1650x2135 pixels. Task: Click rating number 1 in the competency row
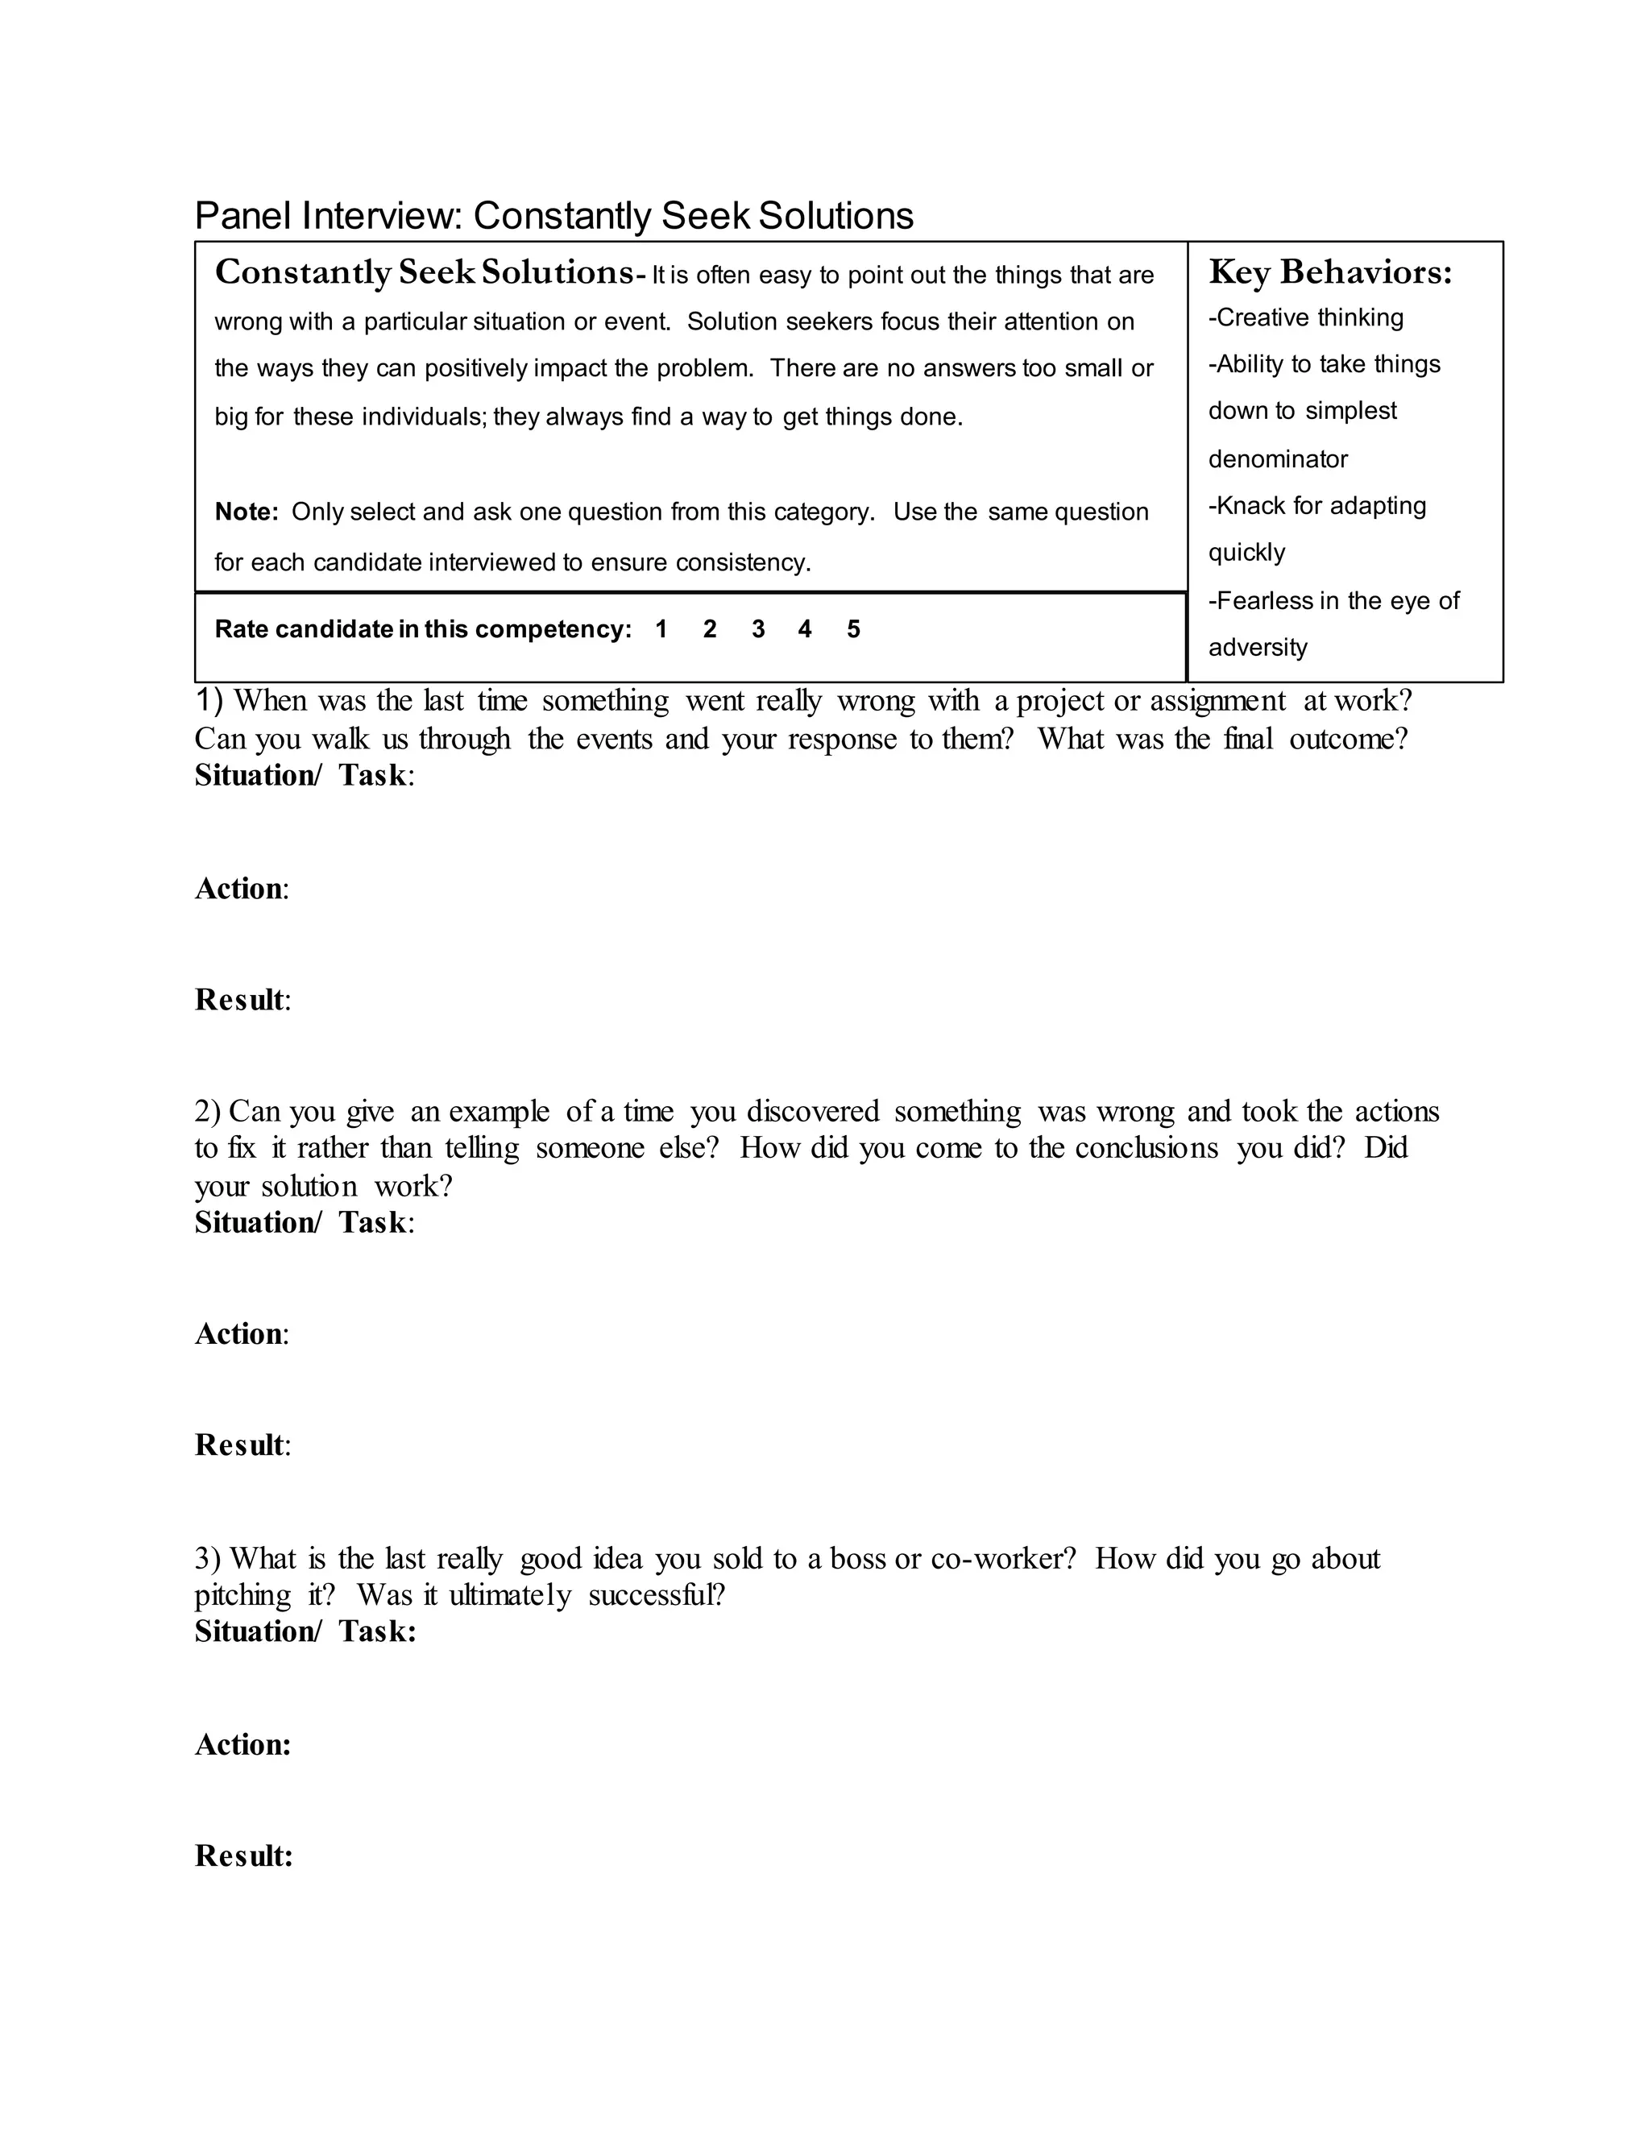pyautogui.click(x=661, y=629)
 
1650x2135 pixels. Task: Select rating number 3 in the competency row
pyautogui.click(x=757, y=629)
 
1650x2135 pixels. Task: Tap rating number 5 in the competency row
pyautogui.click(x=853, y=629)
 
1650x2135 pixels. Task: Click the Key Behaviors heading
pyautogui.click(x=1329, y=273)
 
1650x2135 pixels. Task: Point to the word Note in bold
pyautogui.click(x=246, y=512)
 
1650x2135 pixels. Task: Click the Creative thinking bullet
pyautogui.click(x=1306, y=317)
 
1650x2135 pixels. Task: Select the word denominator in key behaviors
pyautogui.click(x=1278, y=458)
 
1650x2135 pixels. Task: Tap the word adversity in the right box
pyautogui.click(x=1257, y=647)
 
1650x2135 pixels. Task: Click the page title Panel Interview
pyautogui.click(x=326, y=216)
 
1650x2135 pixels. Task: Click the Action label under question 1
pyautogui.click(x=240, y=889)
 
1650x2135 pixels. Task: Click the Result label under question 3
pyautogui.click(x=243, y=1855)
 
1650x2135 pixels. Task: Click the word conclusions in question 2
pyautogui.click(x=1146, y=1147)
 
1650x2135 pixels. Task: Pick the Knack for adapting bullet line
pyautogui.click(x=1316, y=507)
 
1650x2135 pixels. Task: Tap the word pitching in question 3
pyautogui.click(x=243, y=1596)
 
